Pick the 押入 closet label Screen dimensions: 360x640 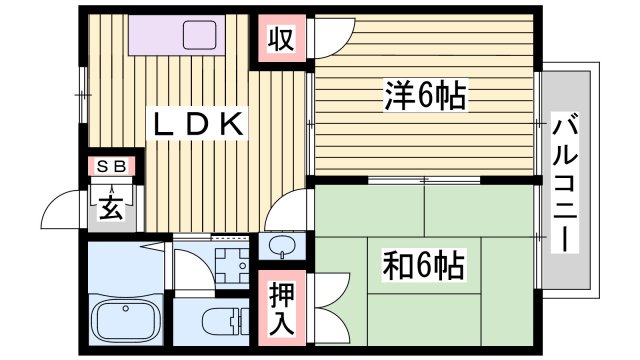281,308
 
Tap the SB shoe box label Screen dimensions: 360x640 111,167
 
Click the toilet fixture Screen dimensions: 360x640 218,323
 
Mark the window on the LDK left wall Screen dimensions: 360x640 80,95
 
